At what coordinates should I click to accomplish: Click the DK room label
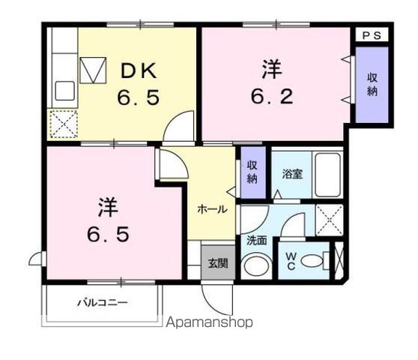click(139, 72)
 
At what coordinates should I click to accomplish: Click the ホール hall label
click(212, 209)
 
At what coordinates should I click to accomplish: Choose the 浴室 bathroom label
click(291, 173)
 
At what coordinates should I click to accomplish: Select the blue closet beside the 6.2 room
click(371, 85)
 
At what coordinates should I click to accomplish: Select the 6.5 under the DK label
click(138, 99)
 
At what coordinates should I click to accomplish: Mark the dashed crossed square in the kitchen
click(62, 124)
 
